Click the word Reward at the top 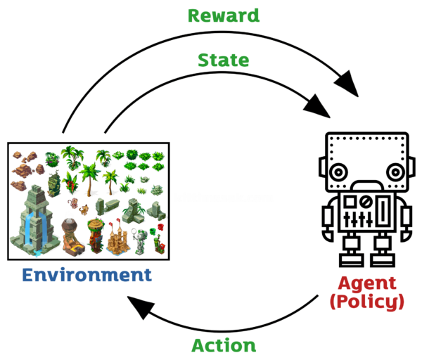click(x=224, y=15)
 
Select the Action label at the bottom click(x=224, y=345)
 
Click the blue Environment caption click(x=87, y=274)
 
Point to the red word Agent click(x=366, y=283)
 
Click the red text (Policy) click(x=366, y=302)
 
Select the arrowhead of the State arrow click(x=320, y=108)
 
